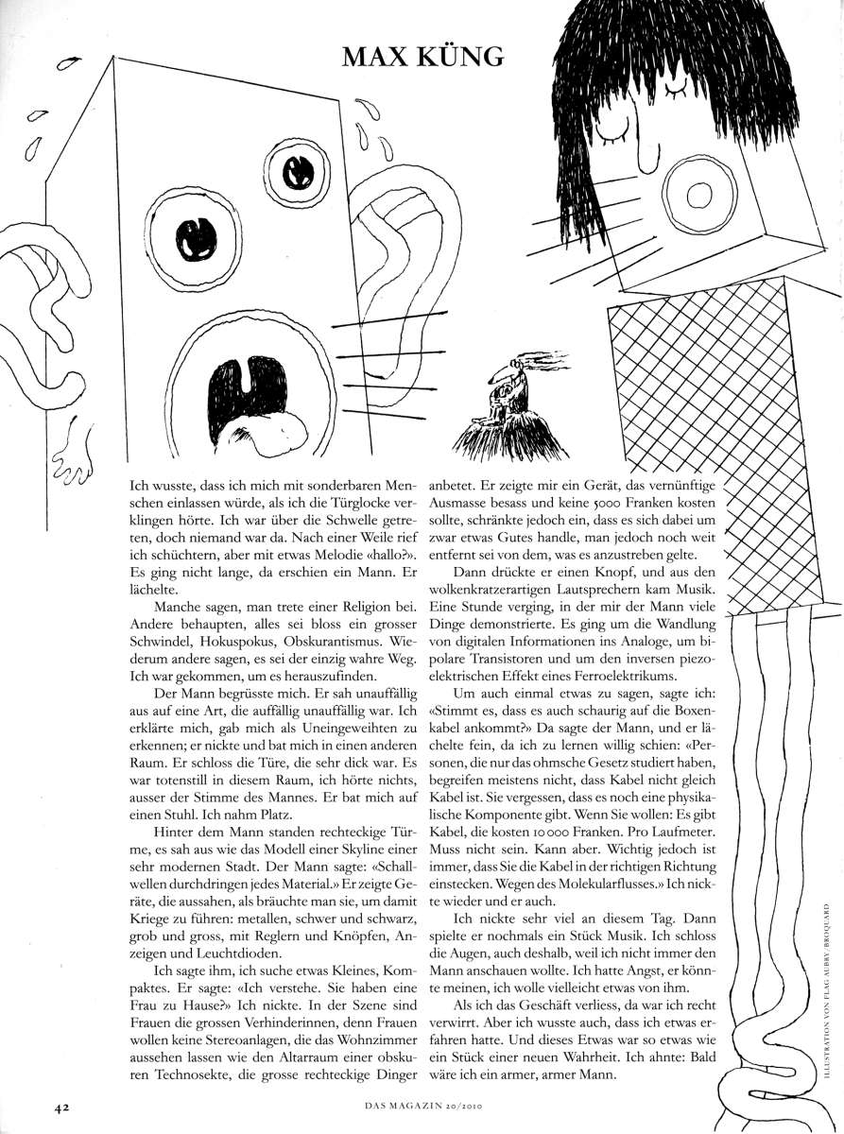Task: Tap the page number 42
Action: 49,1104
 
